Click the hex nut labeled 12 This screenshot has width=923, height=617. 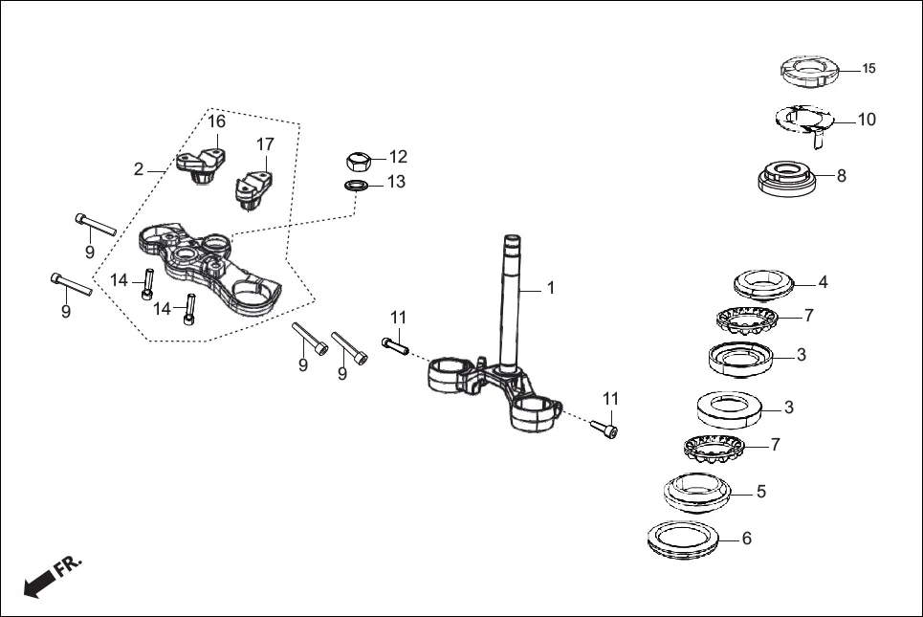click(358, 159)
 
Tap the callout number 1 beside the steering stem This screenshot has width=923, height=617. click(550, 287)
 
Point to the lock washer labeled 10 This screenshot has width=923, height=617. click(803, 120)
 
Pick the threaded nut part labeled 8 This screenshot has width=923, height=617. click(786, 178)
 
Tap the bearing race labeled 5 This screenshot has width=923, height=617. click(696, 493)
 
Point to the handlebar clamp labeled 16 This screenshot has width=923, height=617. click(203, 163)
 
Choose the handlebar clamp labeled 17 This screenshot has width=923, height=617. click(253, 186)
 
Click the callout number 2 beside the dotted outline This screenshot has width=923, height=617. click(139, 169)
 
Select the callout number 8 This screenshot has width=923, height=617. click(841, 176)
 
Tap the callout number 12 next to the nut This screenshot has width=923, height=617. click(398, 156)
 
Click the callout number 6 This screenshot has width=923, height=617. click(747, 539)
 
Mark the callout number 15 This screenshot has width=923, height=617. click(868, 69)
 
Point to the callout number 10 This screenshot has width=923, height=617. click(867, 120)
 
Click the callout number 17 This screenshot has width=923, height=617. click(265, 144)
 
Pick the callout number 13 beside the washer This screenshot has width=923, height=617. click(396, 182)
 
